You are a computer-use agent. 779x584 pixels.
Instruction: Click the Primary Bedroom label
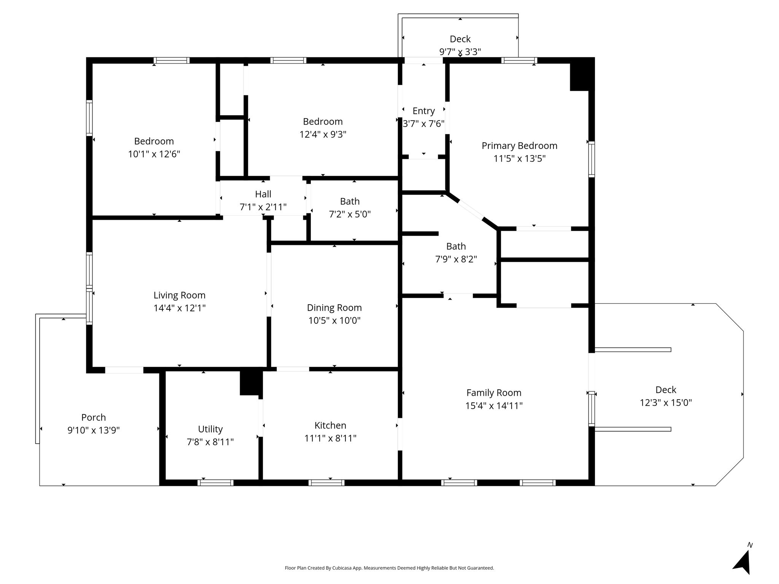[x=520, y=146]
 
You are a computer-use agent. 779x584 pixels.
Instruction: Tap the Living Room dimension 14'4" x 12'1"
[x=180, y=308]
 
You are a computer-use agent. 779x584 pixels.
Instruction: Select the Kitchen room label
[x=330, y=425]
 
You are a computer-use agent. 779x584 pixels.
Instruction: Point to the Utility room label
[x=210, y=429]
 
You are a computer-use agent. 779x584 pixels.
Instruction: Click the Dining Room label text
[x=334, y=308]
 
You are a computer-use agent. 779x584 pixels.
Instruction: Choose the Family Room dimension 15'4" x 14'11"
[x=494, y=406]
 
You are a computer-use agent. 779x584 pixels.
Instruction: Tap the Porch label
[x=94, y=417]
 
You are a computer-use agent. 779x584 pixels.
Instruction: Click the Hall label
[x=263, y=194]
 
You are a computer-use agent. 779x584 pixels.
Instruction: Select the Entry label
[x=424, y=111]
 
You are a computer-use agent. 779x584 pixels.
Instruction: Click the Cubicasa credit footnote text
[x=389, y=568]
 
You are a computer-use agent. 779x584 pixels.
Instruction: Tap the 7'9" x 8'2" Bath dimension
[x=456, y=259]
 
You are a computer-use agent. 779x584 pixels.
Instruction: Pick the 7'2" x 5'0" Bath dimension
[x=350, y=214]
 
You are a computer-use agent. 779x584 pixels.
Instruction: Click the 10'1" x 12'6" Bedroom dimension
[x=154, y=154]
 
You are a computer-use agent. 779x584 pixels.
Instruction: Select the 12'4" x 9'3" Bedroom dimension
[x=323, y=135]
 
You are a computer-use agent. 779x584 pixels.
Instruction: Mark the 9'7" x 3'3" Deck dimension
[x=460, y=52]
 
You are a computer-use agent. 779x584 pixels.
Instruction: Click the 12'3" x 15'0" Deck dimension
[x=666, y=403]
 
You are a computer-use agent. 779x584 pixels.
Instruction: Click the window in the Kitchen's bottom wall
[x=326, y=483]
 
